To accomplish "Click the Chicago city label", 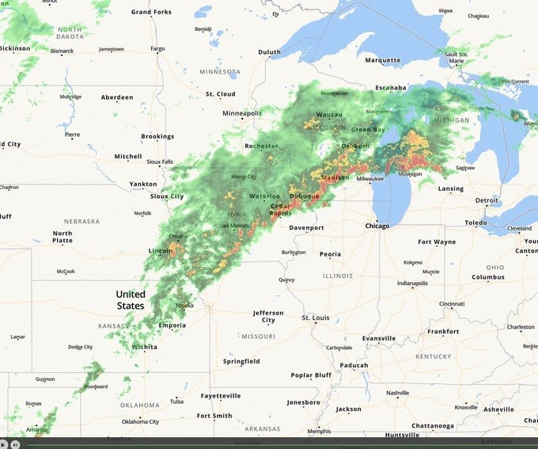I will click(x=377, y=226).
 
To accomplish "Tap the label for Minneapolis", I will click(x=242, y=113).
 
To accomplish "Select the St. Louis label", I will click(x=315, y=318).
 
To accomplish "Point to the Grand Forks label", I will click(x=151, y=12).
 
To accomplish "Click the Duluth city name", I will click(x=269, y=52).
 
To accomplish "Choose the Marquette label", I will click(x=383, y=60).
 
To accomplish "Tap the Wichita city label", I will click(x=144, y=347).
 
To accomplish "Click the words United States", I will click(x=131, y=300).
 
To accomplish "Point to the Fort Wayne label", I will click(x=437, y=242).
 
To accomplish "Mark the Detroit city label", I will click(x=487, y=200).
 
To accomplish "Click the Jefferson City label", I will click(x=268, y=317).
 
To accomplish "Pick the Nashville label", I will click(x=397, y=393).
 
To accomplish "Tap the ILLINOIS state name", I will click(x=338, y=276).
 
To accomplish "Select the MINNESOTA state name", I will click(x=219, y=72).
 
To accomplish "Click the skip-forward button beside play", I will click(x=15, y=444).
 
